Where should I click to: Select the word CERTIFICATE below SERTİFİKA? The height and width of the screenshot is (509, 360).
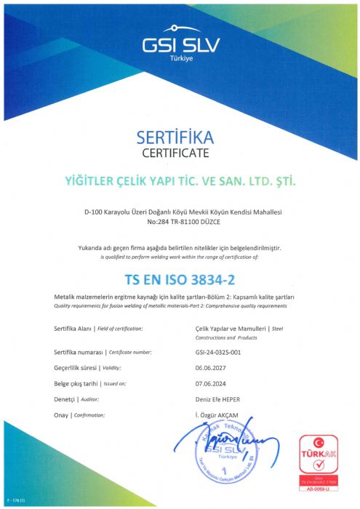pyautogui.click(x=180, y=153)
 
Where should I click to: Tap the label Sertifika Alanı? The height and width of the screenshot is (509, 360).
pyautogui.click(x=75, y=329)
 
